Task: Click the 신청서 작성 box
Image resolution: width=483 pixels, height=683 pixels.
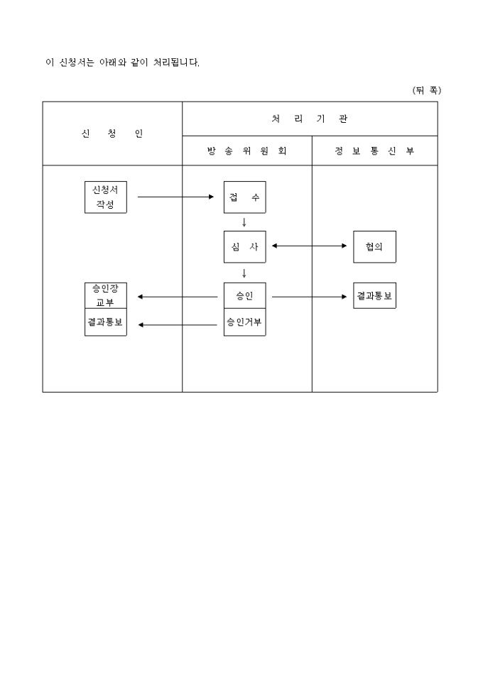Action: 105,197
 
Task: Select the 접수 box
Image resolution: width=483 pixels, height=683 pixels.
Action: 244,197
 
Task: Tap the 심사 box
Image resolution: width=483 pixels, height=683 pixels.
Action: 244,246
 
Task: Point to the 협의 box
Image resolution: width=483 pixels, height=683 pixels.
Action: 374,246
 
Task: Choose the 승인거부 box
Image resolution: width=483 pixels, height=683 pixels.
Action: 244,322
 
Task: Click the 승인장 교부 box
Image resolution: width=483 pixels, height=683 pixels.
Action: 105,295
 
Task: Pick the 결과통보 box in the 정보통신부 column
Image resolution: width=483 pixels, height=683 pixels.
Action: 374,295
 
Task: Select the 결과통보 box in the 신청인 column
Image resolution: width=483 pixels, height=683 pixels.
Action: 105,322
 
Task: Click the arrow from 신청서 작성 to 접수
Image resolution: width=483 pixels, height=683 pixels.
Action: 175,197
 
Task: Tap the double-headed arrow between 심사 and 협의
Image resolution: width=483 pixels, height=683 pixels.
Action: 309,246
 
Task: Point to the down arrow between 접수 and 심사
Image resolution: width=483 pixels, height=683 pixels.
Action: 244,222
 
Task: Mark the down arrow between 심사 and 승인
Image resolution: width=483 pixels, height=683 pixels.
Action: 244,273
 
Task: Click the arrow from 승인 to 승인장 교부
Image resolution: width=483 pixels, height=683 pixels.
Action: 178,297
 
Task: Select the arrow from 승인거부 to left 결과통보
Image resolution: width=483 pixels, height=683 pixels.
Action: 178,324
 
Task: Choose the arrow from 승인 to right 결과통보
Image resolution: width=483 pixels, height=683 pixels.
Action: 309,297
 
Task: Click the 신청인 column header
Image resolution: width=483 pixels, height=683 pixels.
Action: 112,133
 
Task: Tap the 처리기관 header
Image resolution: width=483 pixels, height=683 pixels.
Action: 310,119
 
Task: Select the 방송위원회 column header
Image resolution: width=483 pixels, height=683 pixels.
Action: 247,151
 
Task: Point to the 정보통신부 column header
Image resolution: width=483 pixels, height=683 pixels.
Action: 374,151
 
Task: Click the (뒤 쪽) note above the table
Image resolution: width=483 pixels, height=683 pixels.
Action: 426,90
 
